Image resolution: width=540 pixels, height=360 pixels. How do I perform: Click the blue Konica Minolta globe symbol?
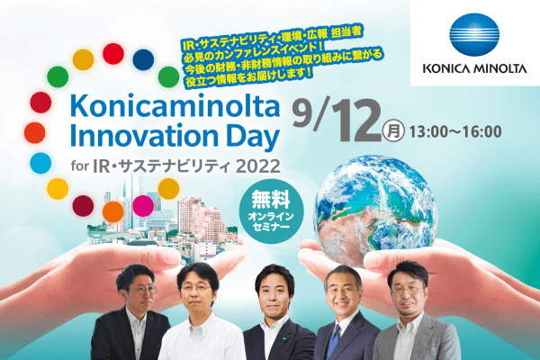[474, 34]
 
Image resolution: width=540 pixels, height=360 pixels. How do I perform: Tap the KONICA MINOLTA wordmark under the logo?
[475, 68]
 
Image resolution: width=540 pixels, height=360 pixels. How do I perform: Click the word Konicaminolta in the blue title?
[175, 106]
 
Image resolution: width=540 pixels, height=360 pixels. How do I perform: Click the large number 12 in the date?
[357, 121]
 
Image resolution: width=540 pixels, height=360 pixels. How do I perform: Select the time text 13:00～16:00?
[454, 131]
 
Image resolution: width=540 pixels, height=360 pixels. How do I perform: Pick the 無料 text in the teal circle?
[271, 200]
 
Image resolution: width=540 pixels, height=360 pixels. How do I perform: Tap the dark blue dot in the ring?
[143, 59]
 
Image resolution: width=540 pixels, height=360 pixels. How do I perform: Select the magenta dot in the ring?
[143, 206]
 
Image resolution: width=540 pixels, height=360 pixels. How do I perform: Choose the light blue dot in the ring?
[40, 163]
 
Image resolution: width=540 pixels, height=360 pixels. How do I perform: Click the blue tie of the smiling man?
[335, 341]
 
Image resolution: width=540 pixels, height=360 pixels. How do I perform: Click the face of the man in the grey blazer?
[408, 292]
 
